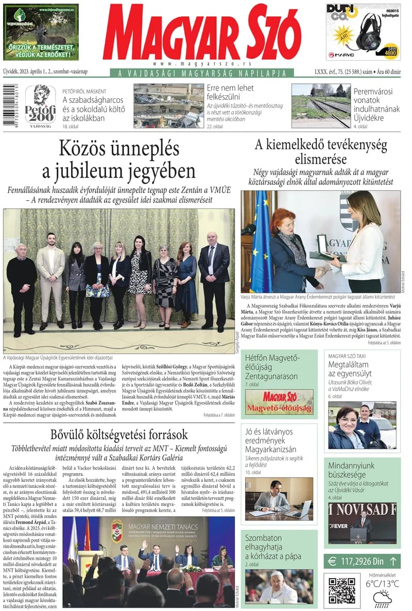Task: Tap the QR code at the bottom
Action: click(x=341, y=591)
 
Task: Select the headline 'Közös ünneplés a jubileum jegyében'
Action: click(x=119, y=160)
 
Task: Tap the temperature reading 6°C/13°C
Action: click(x=382, y=584)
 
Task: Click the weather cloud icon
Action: click(x=382, y=598)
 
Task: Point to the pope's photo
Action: click(x=279, y=587)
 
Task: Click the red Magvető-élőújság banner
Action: click(x=279, y=402)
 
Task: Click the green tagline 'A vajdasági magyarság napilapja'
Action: click(x=202, y=74)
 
